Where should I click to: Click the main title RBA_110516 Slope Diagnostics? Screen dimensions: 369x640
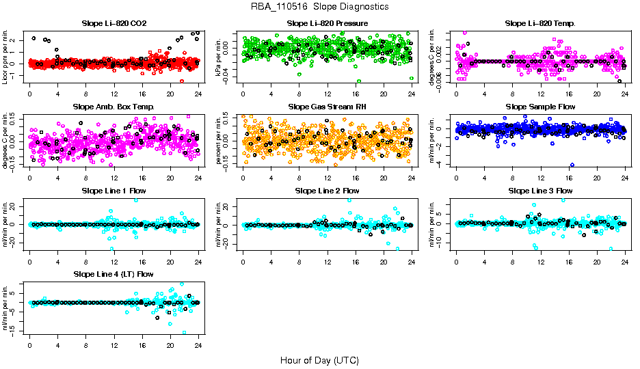point(320,6)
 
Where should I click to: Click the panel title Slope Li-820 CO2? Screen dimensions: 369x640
point(114,24)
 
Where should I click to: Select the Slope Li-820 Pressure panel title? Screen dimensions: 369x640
point(328,24)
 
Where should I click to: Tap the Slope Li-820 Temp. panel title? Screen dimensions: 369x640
point(540,24)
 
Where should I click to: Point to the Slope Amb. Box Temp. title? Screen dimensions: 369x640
point(114,107)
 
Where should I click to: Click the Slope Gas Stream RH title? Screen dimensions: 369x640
point(328,107)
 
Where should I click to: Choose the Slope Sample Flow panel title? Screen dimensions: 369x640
point(540,107)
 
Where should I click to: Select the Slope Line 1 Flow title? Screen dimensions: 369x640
point(114,191)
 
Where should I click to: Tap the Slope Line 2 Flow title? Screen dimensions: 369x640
point(328,191)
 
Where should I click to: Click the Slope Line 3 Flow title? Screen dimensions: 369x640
point(540,191)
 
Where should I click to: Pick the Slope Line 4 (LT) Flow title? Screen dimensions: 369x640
point(114,274)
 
